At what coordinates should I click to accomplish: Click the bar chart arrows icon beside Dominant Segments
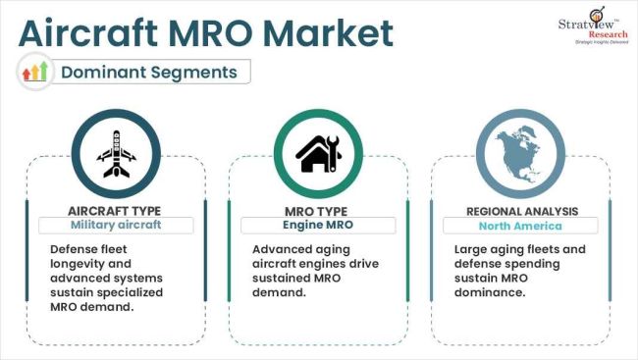coord(35,72)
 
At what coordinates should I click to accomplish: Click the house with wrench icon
coord(318,155)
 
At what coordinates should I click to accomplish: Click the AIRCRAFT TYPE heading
coord(116,210)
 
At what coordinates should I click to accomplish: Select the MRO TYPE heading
coord(318,210)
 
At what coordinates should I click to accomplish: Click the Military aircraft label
coord(116,225)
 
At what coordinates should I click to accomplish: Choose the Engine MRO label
coord(318,225)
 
